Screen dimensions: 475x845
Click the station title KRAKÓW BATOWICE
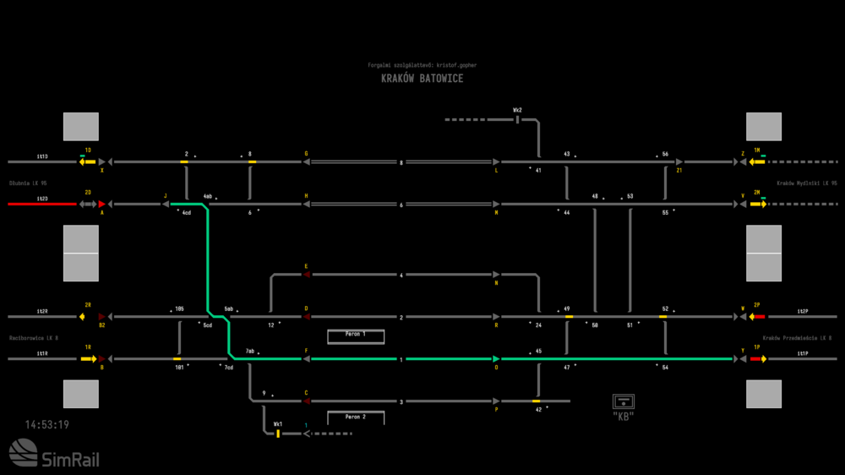coord(422,79)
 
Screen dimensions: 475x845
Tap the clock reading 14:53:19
coord(47,425)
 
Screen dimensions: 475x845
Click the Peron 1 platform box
coord(356,336)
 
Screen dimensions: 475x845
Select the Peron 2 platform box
coord(356,418)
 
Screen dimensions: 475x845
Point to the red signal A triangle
coord(101,204)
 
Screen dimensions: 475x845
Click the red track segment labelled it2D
coord(41,204)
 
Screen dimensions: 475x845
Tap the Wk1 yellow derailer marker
coord(277,434)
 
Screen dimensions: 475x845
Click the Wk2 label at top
coord(517,110)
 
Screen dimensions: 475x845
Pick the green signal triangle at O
coord(496,359)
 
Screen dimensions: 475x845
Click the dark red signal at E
coord(307,275)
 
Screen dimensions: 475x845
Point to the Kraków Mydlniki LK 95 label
coord(806,183)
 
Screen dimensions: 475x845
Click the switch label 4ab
coord(207,197)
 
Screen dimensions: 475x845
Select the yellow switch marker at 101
coord(177,359)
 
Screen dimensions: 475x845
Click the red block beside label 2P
coord(760,317)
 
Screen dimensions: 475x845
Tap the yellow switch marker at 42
coord(537,401)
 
